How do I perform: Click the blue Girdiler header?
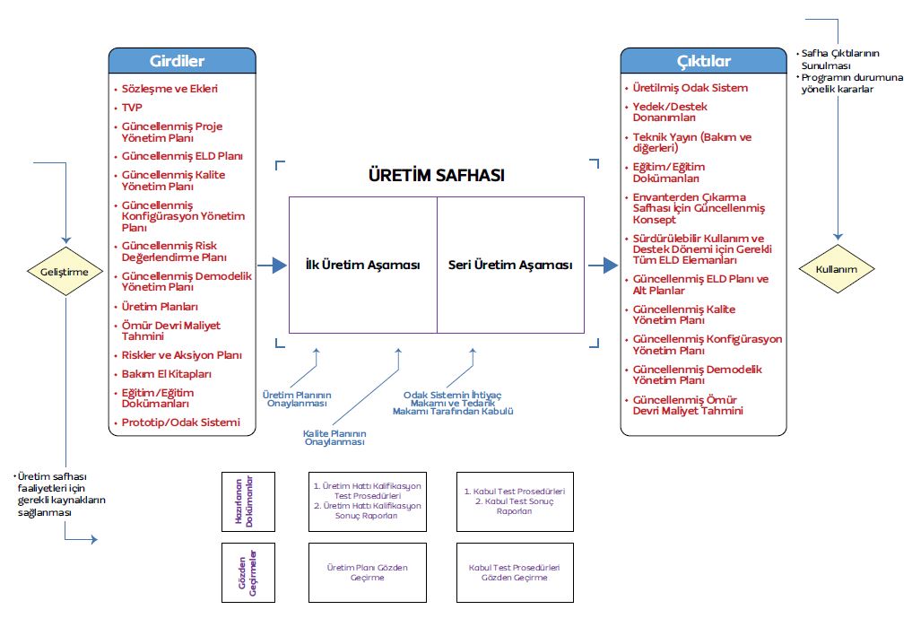182,61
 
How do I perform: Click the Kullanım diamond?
837,268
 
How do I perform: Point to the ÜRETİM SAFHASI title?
437,175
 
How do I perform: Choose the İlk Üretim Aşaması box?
362,266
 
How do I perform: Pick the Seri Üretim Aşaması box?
510,266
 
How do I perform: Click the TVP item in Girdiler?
132,108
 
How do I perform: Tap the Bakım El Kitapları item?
166,373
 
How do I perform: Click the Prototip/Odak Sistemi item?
180,422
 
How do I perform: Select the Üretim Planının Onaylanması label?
296,399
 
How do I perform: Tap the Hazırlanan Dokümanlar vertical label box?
248,501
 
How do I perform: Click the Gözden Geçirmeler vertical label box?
248,572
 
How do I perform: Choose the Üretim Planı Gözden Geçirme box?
368,572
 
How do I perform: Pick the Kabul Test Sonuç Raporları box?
514,501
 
